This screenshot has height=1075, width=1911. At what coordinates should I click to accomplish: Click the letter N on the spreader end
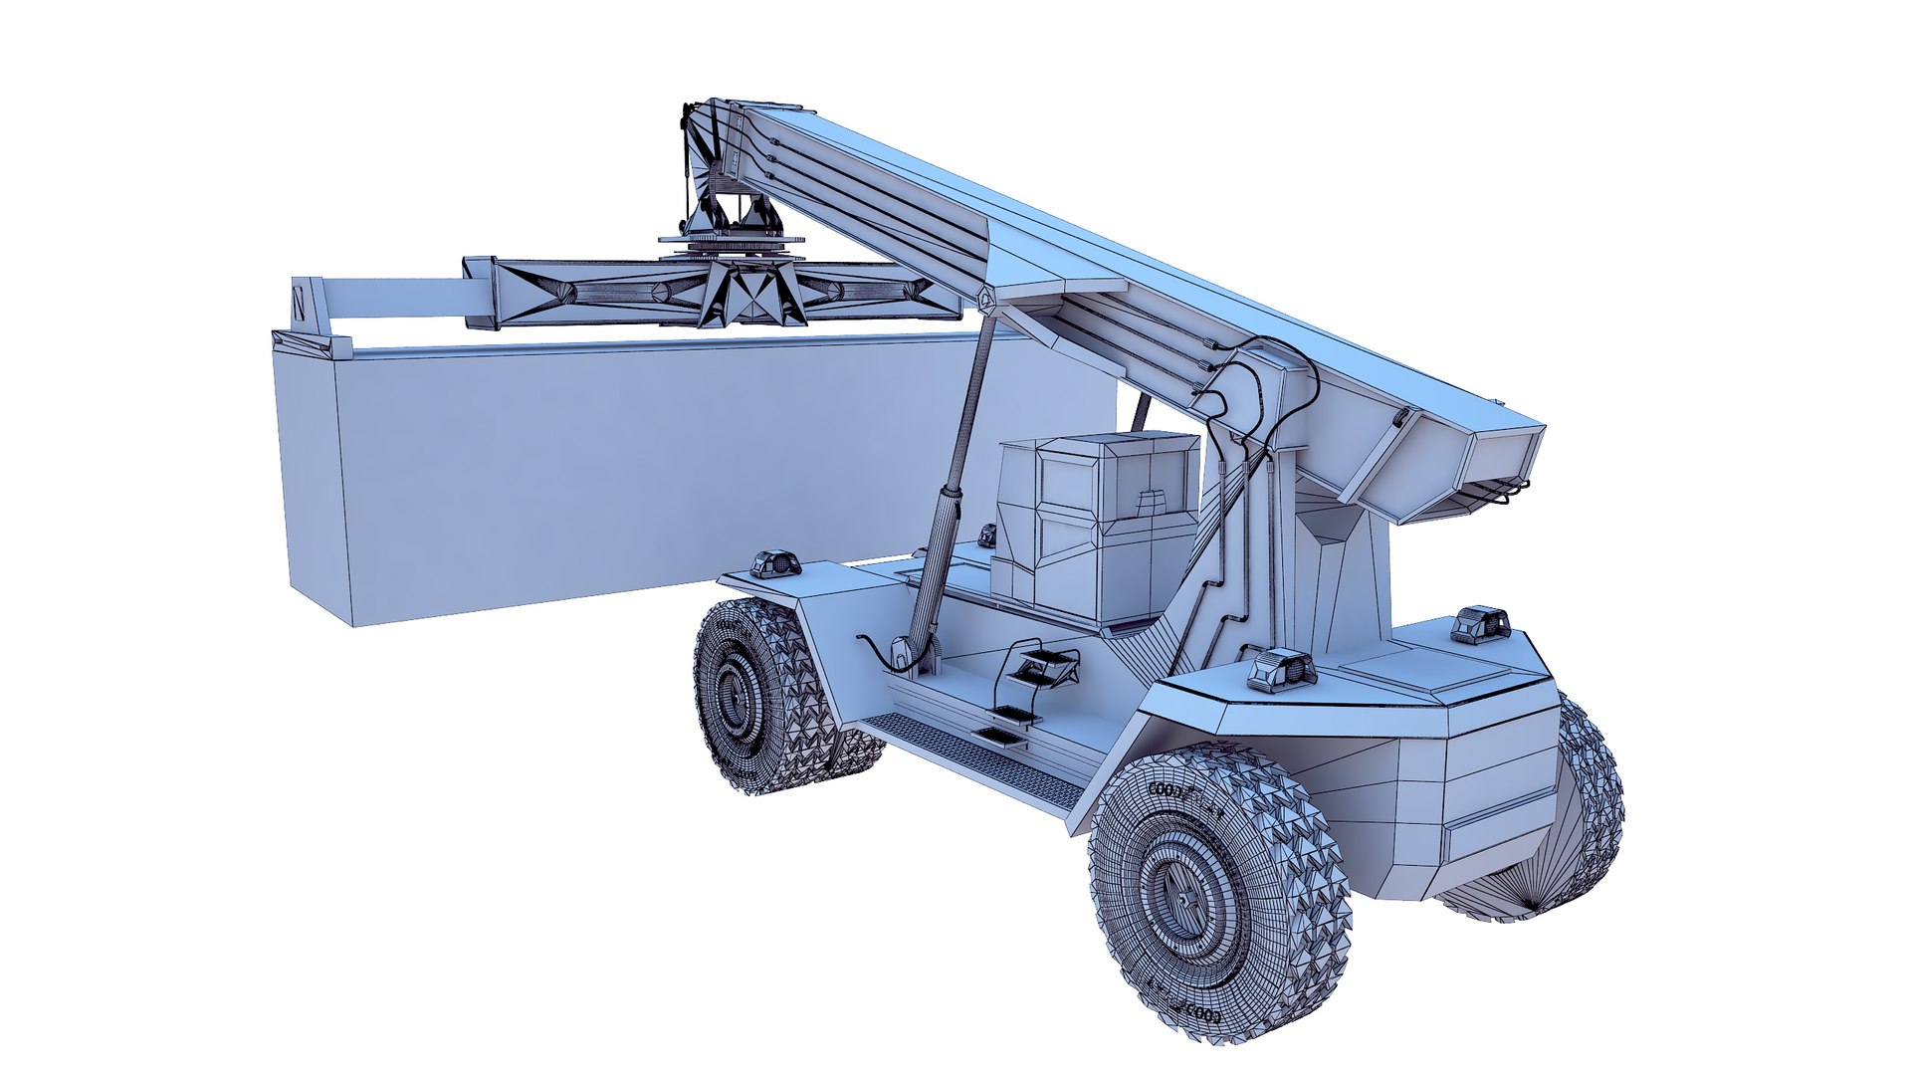pos(300,302)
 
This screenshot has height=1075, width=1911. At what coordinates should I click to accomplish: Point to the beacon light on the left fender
pos(775,563)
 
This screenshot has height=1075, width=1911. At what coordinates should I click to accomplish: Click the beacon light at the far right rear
pos(1481,623)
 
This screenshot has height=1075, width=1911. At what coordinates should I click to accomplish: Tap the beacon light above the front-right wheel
pos(1282,670)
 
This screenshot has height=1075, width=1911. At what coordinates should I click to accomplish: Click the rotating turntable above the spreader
pos(732,242)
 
